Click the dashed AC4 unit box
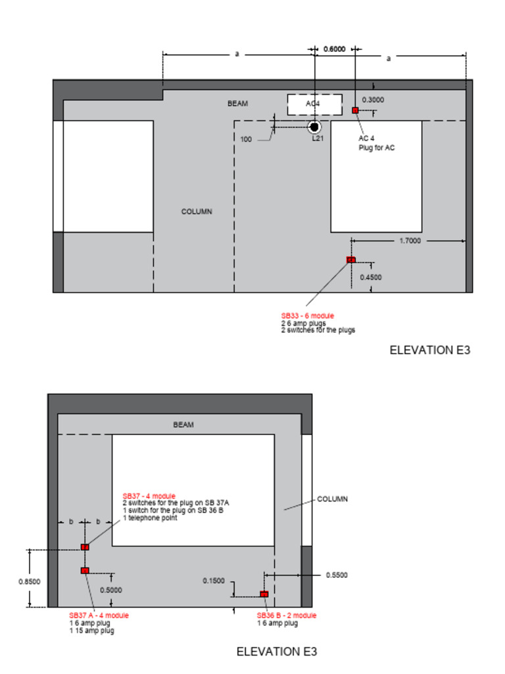(314, 104)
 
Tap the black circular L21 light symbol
(314, 126)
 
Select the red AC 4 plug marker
(355, 110)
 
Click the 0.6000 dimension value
(334, 49)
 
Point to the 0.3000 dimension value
(373, 100)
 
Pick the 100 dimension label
(246, 140)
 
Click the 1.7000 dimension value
(410, 241)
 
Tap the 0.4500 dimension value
(370, 277)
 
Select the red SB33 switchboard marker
(350, 260)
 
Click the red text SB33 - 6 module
(307, 316)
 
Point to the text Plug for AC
(376, 147)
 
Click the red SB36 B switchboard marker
(264, 594)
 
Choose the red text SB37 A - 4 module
(99, 615)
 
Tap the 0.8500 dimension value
(30, 581)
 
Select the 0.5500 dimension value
(337, 575)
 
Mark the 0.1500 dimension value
(214, 581)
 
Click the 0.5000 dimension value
(110, 590)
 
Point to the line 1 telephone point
(150, 517)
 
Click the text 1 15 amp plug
(91, 631)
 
